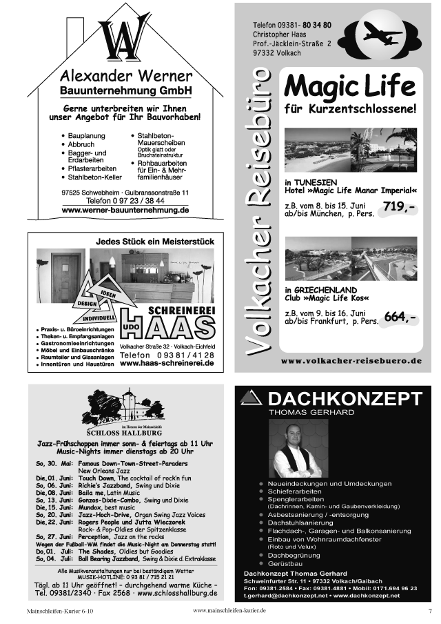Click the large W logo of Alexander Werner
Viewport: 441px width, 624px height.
pyautogui.click(x=124, y=40)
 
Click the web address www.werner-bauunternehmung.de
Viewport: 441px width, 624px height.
pyautogui.click(x=125, y=210)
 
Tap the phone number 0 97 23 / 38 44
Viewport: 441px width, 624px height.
pyautogui.click(x=125, y=201)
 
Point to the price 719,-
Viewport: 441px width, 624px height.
pyautogui.click(x=400, y=206)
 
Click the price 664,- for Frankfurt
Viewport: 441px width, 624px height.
pyautogui.click(x=400, y=317)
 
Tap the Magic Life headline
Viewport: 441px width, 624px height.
pyautogui.click(x=350, y=87)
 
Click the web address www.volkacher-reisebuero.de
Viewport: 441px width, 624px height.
pyautogui.click(x=351, y=360)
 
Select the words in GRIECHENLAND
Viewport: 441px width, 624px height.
pyautogui.click(x=320, y=290)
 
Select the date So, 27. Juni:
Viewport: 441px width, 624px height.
pyautogui.click(x=54, y=536)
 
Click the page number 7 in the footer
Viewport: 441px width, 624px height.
pyautogui.click(x=429, y=611)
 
